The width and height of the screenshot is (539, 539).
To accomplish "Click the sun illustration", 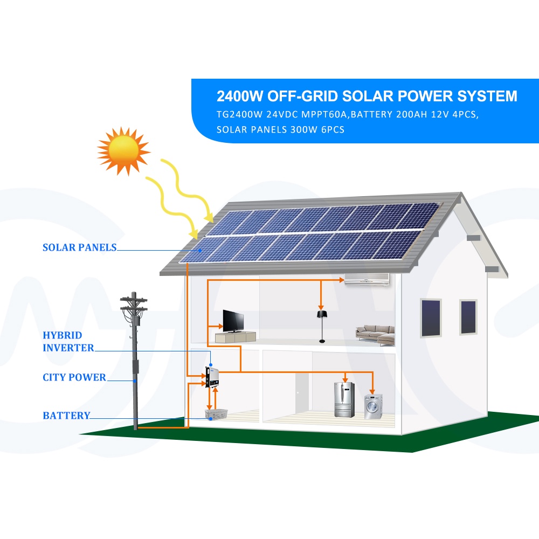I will click(123, 151).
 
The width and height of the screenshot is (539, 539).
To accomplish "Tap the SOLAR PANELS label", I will click(79, 248).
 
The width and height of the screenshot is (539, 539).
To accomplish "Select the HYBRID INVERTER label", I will click(68, 342).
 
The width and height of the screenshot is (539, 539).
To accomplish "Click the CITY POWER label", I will click(74, 377).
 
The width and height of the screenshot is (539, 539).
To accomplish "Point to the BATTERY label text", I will click(66, 416).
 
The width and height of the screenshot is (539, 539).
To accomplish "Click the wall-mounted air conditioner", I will click(367, 278).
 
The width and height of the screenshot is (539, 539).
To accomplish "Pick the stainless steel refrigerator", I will click(343, 399).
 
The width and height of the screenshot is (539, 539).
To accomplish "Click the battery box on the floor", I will click(216, 414).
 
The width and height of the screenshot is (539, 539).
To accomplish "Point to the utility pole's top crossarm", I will click(135, 300).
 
